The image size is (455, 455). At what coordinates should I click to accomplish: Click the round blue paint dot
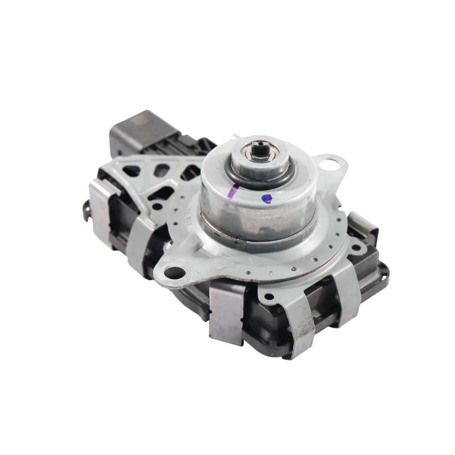[267, 198]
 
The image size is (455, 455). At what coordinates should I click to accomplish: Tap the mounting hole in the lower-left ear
[173, 272]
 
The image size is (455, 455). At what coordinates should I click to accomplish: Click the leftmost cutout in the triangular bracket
[132, 171]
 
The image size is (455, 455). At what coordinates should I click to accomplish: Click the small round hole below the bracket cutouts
[157, 206]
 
